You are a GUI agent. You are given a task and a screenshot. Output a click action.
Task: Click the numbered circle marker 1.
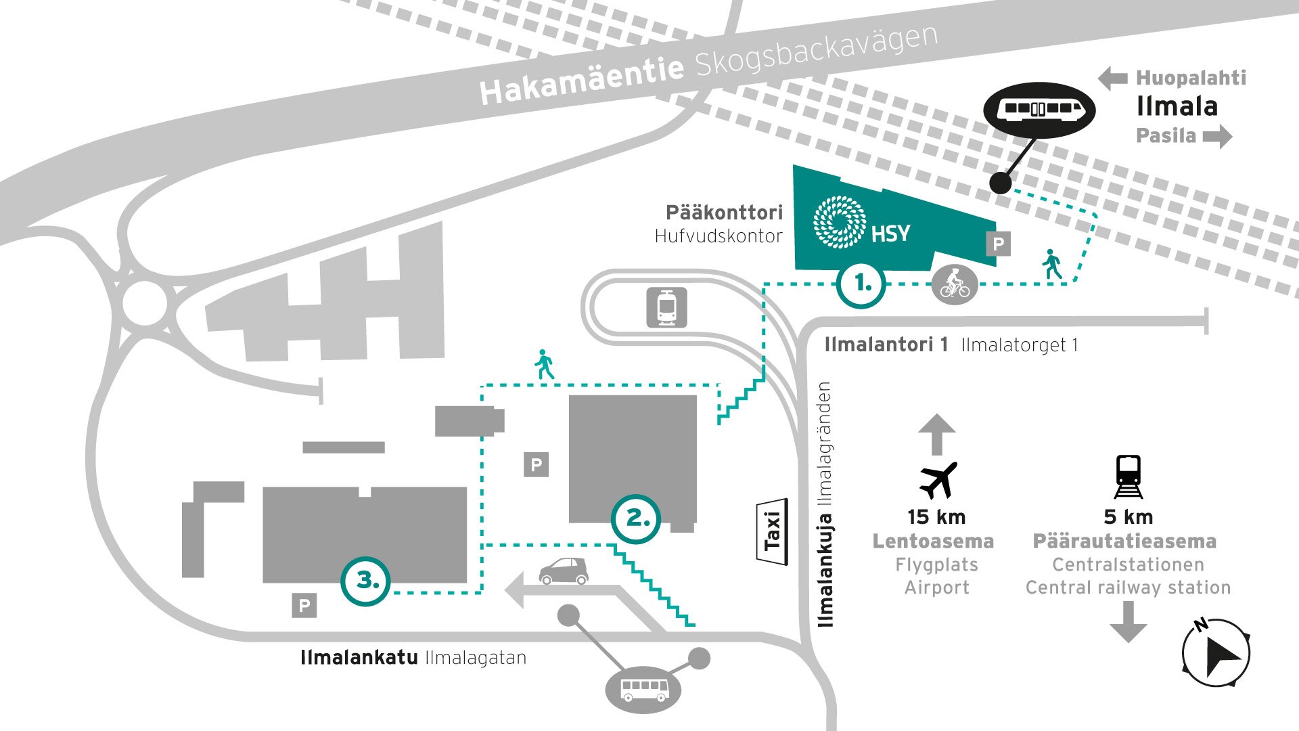pyautogui.click(x=861, y=284)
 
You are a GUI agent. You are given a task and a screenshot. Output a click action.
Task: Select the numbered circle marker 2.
pyautogui.click(x=636, y=518)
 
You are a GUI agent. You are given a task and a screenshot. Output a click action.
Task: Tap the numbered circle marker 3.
pyautogui.click(x=366, y=580)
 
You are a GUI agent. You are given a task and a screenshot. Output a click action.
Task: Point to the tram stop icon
pyautogui.click(x=667, y=308)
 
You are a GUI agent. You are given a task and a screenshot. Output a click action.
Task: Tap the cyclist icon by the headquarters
pyautogui.click(x=955, y=284)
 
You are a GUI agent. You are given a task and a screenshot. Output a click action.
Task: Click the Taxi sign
pyautogui.click(x=772, y=531)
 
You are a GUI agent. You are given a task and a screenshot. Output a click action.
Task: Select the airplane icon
pyautogui.click(x=938, y=480)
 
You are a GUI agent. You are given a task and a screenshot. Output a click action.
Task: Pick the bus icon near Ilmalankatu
pyautogui.click(x=644, y=690)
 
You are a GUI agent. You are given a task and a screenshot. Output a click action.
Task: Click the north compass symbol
pyautogui.click(x=1216, y=652)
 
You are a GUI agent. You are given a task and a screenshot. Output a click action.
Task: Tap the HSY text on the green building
pyautogui.click(x=890, y=234)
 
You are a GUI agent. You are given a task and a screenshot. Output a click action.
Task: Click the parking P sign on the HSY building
pyautogui.click(x=998, y=244)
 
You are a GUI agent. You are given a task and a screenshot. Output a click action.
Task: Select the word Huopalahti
pyautogui.click(x=1191, y=78)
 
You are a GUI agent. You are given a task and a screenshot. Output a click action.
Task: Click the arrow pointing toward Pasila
pyautogui.click(x=1217, y=136)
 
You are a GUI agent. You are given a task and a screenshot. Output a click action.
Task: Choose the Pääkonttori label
pyautogui.click(x=724, y=213)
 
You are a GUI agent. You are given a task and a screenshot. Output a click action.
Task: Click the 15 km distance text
pyautogui.click(x=936, y=517)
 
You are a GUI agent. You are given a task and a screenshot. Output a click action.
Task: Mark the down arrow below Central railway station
pyautogui.click(x=1128, y=621)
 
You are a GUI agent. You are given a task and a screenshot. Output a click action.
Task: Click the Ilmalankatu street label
pyautogui.click(x=359, y=658)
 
